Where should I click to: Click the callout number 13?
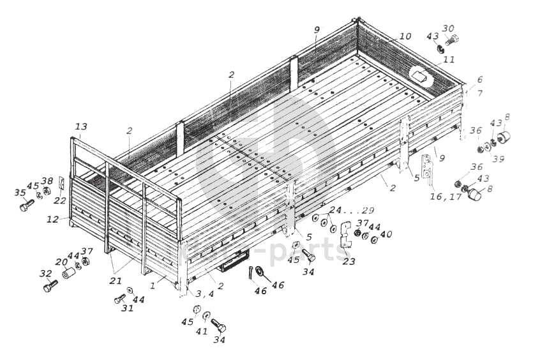coord(80,126)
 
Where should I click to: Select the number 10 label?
coord(405,37)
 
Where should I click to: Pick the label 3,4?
coord(204,294)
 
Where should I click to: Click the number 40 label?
coord(386,235)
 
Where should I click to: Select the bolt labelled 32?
coord(49,287)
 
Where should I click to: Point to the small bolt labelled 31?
coord(119,298)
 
